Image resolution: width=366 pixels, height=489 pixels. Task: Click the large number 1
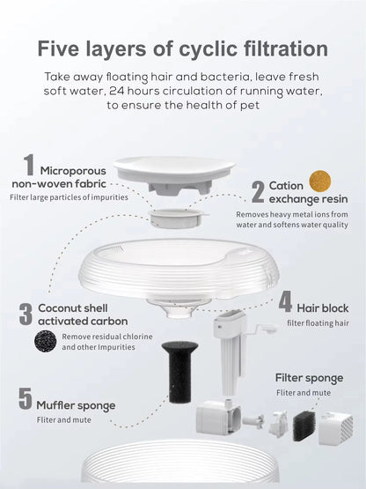pos(28,165)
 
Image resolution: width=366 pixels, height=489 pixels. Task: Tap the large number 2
pos(258,190)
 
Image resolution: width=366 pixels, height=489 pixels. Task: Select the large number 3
pos(25,314)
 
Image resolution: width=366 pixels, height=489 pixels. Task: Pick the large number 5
pos(26,399)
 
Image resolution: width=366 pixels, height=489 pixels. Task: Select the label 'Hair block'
pos(323,307)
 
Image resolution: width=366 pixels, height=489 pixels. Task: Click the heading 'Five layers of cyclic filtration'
pos(182,48)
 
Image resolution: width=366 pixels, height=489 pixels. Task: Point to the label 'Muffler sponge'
pos(76,405)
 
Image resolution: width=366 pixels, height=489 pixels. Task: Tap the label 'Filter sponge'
pos(308,377)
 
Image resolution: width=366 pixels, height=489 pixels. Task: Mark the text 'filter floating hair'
pos(317,323)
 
